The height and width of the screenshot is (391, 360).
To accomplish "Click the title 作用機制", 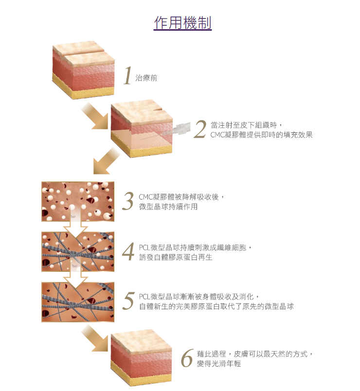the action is click(x=183, y=23).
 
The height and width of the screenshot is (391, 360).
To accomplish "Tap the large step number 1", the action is click(x=127, y=75).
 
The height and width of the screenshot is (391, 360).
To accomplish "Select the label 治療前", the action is click(x=146, y=78).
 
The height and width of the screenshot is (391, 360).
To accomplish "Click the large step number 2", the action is click(x=200, y=129).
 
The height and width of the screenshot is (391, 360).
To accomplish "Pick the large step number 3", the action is click(x=128, y=201).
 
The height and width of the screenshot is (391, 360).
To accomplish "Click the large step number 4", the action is click(x=128, y=252).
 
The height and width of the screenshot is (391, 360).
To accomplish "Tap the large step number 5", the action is click(x=128, y=301).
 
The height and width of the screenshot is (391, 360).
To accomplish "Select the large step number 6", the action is click(x=187, y=358).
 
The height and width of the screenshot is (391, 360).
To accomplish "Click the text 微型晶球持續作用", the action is click(x=168, y=207).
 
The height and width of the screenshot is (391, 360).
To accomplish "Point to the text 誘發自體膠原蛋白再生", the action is click(x=176, y=257).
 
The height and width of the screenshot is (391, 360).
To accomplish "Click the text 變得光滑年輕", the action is click(x=219, y=364).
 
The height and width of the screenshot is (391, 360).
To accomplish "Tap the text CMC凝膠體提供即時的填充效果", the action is click(x=261, y=135).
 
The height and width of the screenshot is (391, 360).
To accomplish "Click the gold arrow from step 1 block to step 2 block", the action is click(x=95, y=116).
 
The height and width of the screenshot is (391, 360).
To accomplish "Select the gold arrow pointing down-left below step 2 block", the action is click(x=106, y=161).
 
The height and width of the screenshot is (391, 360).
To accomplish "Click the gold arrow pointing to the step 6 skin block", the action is click(x=95, y=338).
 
